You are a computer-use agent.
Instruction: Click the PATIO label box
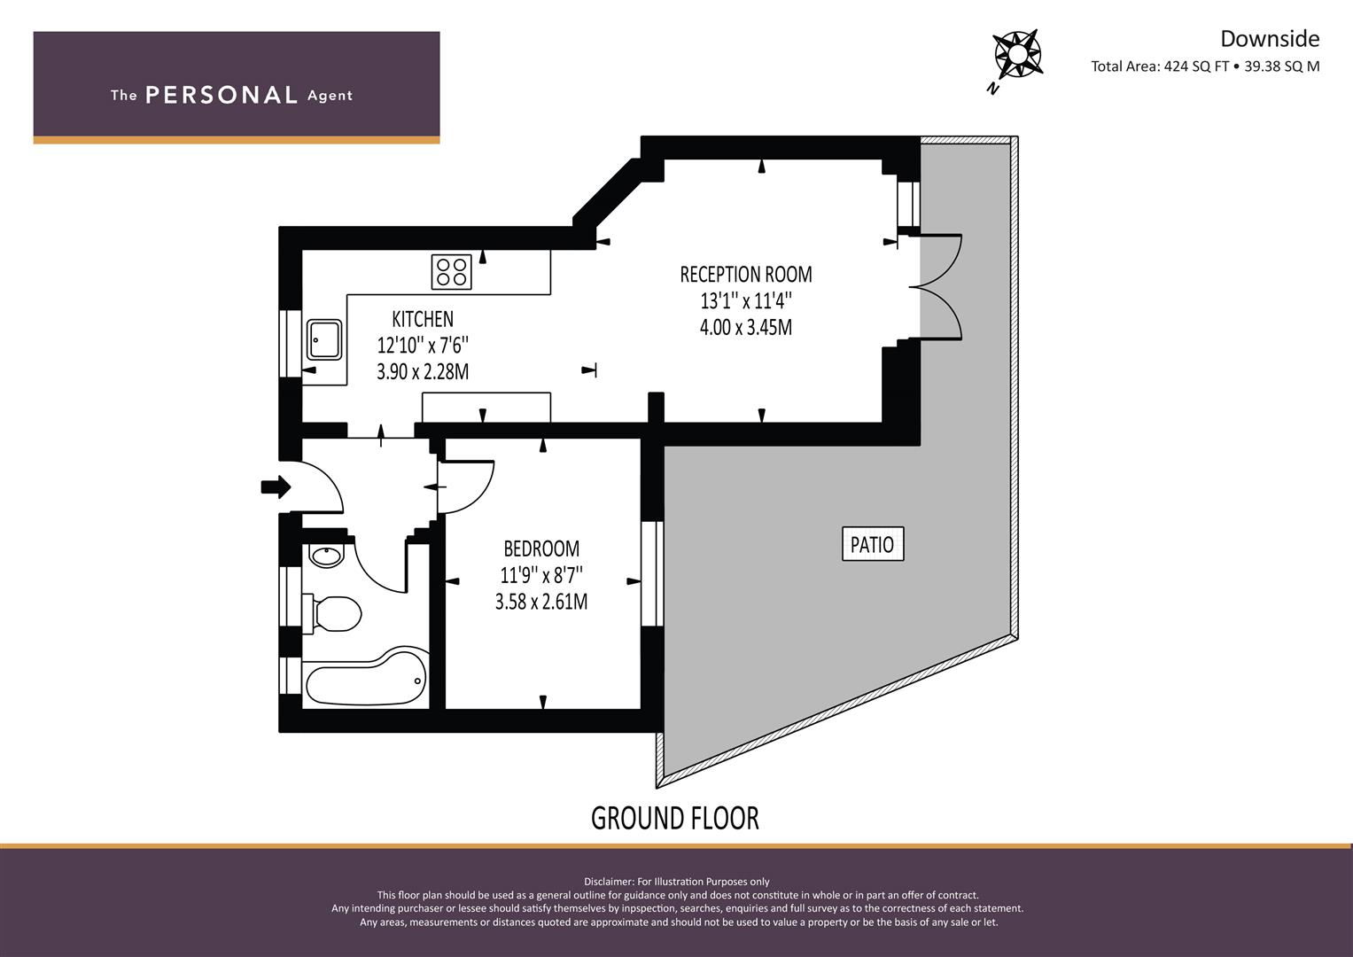coord(873,544)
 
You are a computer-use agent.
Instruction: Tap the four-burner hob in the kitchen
coord(451,272)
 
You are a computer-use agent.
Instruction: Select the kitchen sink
coord(324,339)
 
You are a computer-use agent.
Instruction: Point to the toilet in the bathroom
coord(331,614)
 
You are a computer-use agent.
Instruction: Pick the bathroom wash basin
coord(326,556)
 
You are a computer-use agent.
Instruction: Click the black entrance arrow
coord(276,487)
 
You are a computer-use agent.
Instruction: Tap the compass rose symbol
coord(1018,54)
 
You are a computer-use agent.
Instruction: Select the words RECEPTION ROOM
coord(746,275)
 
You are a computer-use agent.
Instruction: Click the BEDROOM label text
coord(541,549)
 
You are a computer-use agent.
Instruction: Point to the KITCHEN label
coord(423,319)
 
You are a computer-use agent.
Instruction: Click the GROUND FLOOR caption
coord(674,819)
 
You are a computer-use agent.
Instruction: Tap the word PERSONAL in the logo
coord(222,95)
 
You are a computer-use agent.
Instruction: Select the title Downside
coord(1270,39)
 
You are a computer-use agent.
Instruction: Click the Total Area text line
coord(1205,66)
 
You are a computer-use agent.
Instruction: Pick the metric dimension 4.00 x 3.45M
coord(746,328)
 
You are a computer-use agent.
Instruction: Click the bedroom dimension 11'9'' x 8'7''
coord(541,575)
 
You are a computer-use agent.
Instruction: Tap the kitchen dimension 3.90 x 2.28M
coord(423,371)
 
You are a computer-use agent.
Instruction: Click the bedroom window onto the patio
coord(652,573)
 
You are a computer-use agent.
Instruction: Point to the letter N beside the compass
coord(991,89)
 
